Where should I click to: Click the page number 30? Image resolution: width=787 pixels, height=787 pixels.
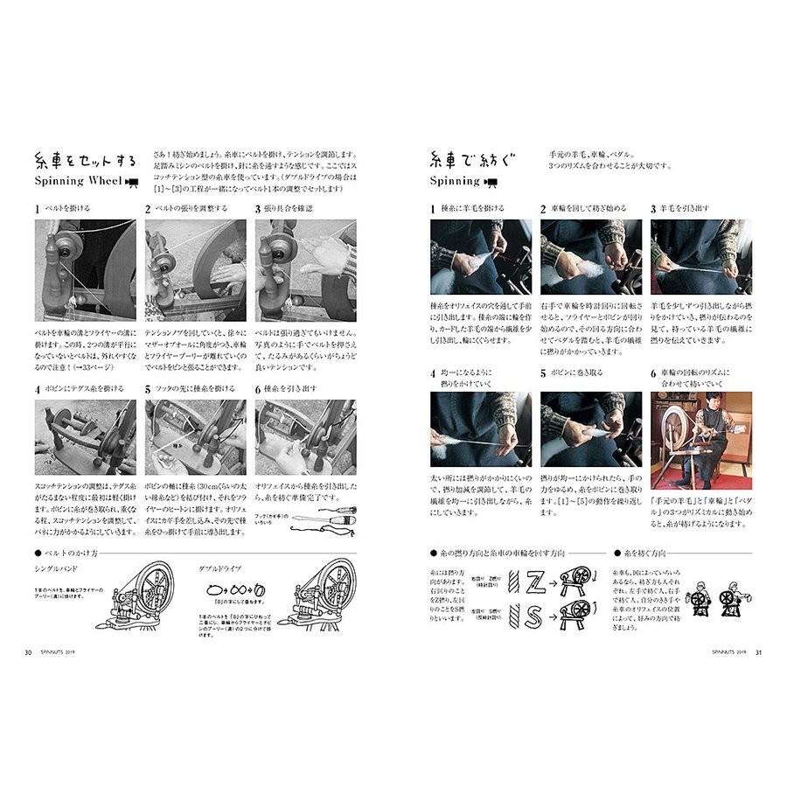(29, 651)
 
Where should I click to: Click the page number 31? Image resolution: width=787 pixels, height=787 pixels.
(759, 651)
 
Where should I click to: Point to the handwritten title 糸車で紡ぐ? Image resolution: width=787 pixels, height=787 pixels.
(473, 159)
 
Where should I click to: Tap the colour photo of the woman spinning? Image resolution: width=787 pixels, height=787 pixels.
(700, 428)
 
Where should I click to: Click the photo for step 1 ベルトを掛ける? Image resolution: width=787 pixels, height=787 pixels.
(85, 269)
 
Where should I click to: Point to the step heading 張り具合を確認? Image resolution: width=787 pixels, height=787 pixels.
(288, 209)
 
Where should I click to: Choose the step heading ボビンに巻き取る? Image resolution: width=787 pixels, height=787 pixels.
(582, 373)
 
